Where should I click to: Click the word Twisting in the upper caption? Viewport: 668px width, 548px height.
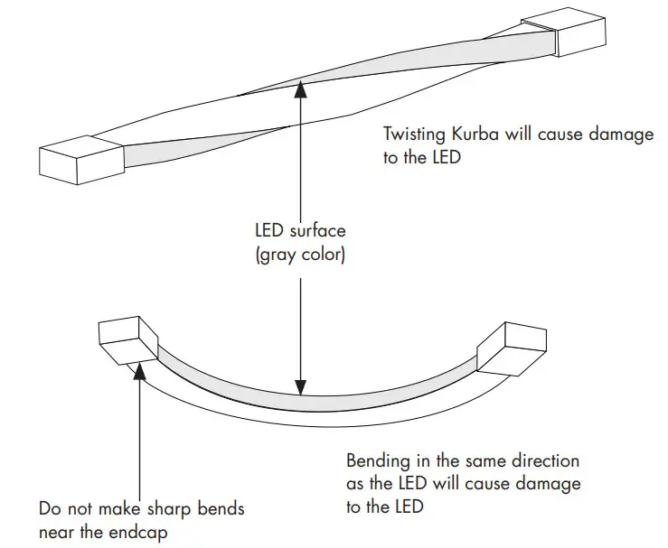(x=412, y=135)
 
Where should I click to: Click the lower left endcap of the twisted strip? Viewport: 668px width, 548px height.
(x=80, y=160)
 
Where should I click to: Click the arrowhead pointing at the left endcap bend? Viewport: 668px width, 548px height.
(x=140, y=371)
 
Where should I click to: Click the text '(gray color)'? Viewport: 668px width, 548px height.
(x=299, y=255)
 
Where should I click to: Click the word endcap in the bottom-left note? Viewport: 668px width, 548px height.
(x=143, y=531)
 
